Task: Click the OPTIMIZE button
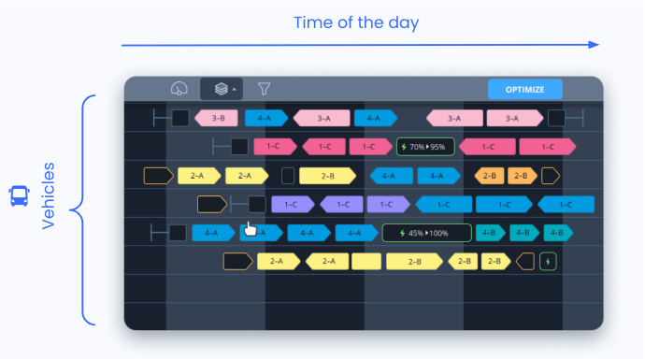525,90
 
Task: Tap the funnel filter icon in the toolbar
265,89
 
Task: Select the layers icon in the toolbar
221,89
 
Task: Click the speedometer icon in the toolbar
179,89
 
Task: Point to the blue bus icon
19,196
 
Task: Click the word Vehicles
48,196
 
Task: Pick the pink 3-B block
216,118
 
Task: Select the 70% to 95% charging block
425,147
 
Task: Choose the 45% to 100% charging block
425,233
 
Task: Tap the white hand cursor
250,229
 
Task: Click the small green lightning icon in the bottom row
548,261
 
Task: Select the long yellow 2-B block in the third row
328,176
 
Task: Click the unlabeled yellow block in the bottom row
366,261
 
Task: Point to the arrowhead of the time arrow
594,44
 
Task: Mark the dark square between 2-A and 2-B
288,176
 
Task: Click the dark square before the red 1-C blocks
240,147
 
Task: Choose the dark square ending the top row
556,118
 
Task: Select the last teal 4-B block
558,233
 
